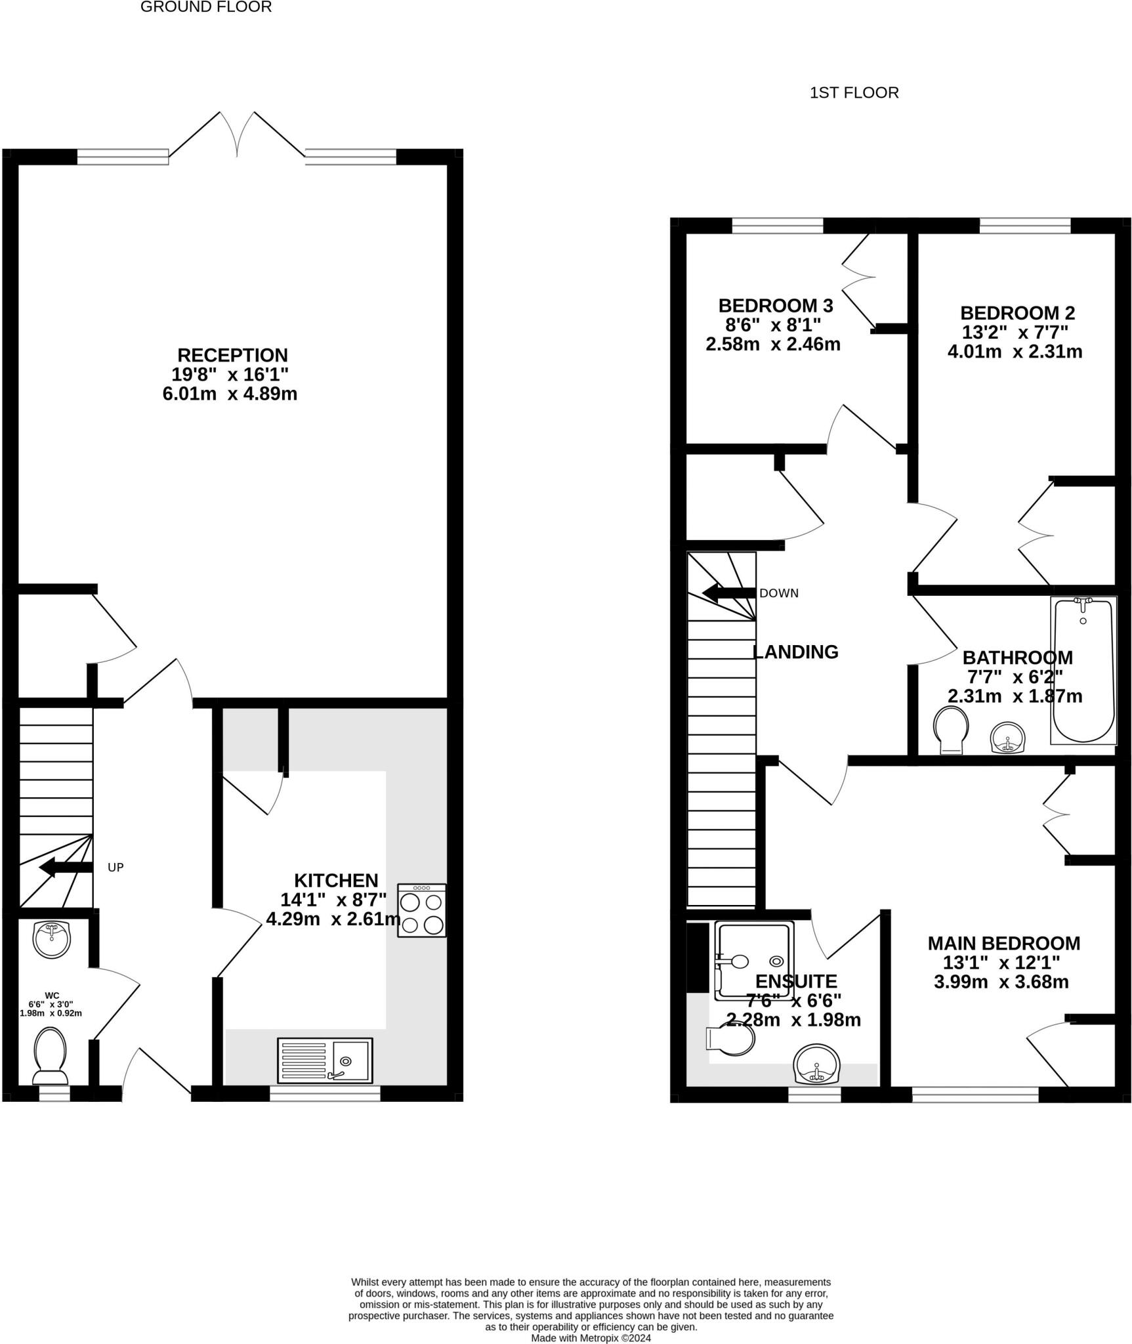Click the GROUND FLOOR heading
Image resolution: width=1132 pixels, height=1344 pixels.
pos(205,7)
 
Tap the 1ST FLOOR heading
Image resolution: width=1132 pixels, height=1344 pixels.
pos(854,93)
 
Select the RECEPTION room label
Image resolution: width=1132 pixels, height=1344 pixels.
pos(232,355)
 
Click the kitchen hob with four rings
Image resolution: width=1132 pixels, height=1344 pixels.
pos(421,910)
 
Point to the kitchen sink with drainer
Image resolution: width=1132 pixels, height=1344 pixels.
pos(325,1060)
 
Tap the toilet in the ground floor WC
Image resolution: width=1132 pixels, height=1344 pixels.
pos(51,1056)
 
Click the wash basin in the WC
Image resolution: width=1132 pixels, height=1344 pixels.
pos(51,938)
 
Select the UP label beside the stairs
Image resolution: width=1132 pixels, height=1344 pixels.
pos(115,868)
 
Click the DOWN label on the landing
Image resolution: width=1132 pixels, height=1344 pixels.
pos(778,593)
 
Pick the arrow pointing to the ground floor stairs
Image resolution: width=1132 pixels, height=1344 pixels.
pos(65,868)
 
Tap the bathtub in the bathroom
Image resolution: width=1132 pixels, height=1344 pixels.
pos(1083,670)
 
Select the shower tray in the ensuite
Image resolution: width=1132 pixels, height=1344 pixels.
pos(753,961)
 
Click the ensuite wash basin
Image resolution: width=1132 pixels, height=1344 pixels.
pos(816,1064)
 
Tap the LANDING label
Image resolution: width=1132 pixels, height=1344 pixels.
pos(795,652)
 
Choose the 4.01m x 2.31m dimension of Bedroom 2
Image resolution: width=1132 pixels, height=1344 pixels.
pos(1015,352)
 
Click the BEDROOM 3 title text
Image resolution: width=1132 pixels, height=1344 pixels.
pos(775,306)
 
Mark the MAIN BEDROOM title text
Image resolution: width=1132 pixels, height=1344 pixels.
pos(1003,944)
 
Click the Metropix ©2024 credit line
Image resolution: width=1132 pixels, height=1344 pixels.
pos(591,1338)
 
